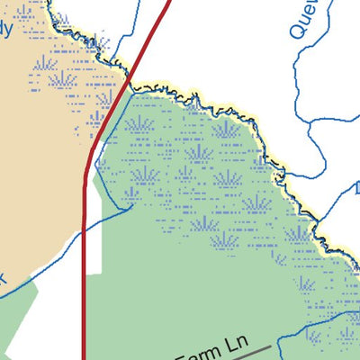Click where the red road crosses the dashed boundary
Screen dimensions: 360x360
click(132, 85)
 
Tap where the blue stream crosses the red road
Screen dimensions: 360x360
click(84, 231)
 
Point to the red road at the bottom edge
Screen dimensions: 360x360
click(84, 355)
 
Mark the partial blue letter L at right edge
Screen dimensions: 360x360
click(355, 189)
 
